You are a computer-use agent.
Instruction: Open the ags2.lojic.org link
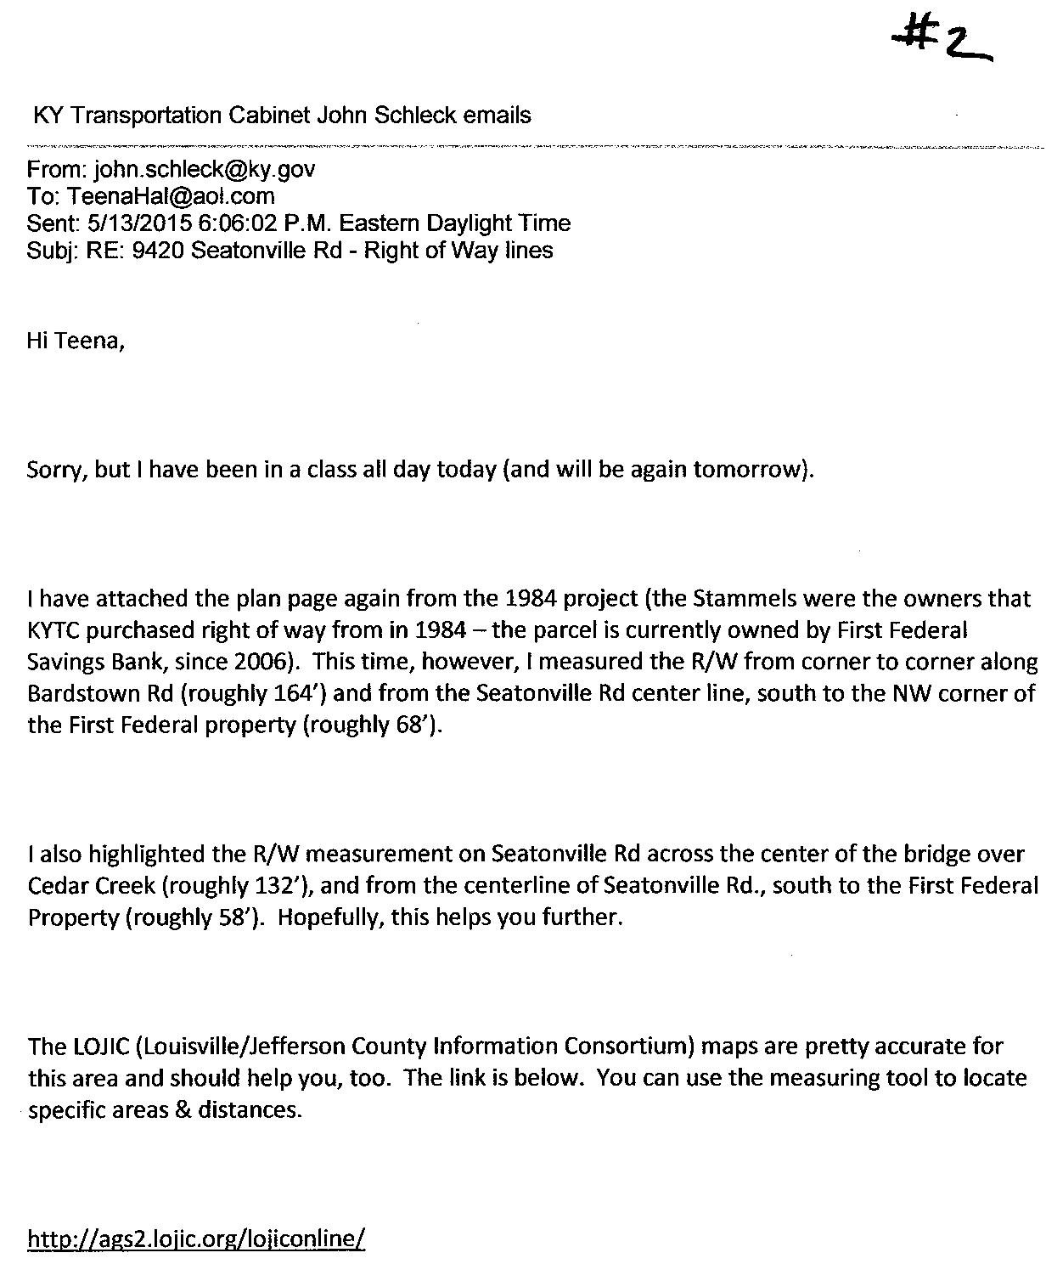196,1239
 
